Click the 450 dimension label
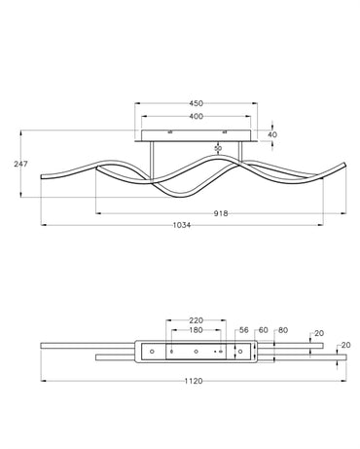click(x=196, y=103)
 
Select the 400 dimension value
click(x=196, y=116)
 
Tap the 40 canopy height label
click(x=273, y=134)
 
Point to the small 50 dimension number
click(x=218, y=148)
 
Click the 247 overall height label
click(x=20, y=164)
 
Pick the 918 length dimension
click(x=221, y=213)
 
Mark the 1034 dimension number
click(x=182, y=225)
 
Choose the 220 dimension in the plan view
click(x=196, y=320)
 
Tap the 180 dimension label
click(x=196, y=330)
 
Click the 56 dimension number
click(x=244, y=330)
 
